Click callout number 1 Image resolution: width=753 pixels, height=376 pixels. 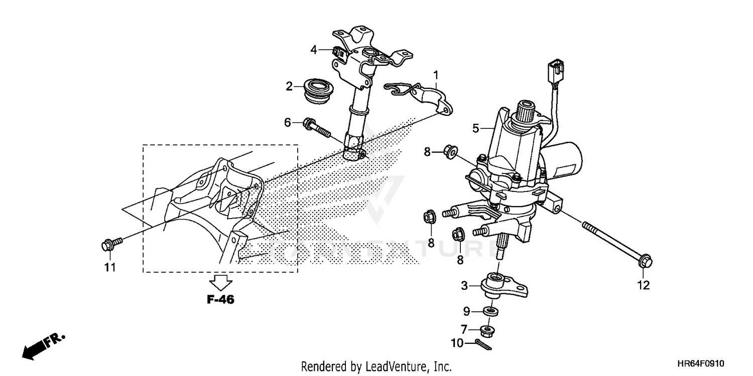click(x=436, y=75)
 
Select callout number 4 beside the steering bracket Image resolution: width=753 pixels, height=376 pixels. click(x=314, y=50)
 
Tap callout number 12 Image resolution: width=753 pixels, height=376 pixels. click(x=643, y=285)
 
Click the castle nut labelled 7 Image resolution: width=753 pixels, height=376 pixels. click(x=486, y=330)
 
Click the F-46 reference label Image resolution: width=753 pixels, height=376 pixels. click(x=220, y=300)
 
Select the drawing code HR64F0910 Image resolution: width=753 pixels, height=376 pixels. click(x=701, y=363)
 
